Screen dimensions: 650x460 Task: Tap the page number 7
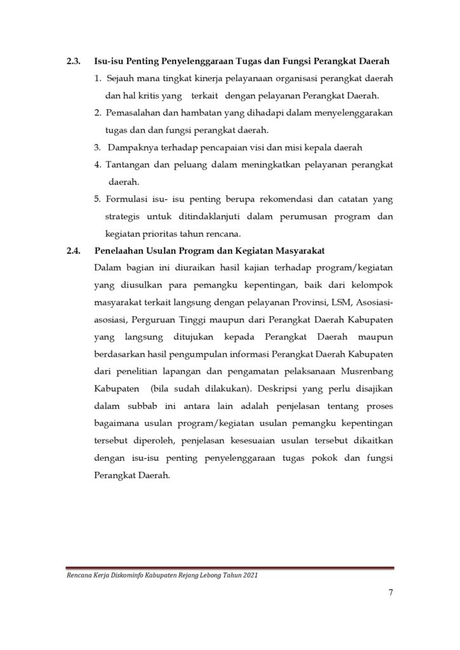click(391, 593)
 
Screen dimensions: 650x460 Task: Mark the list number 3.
click(98, 148)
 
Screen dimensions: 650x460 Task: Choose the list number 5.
click(98, 199)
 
